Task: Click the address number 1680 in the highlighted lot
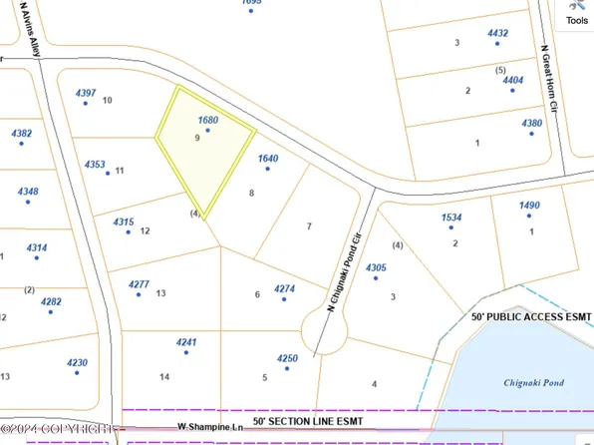click(x=208, y=120)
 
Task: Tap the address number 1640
click(x=267, y=158)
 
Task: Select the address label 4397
click(x=87, y=92)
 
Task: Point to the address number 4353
click(x=96, y=164)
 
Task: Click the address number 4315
click(x=124, y=222)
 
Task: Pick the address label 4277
click(x=140, y=284)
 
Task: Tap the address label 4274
click(x=285, y=289)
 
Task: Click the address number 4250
click(x=287, y=357)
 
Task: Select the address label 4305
click(x=376, y=267)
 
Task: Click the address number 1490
click(x=529, y=206)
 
